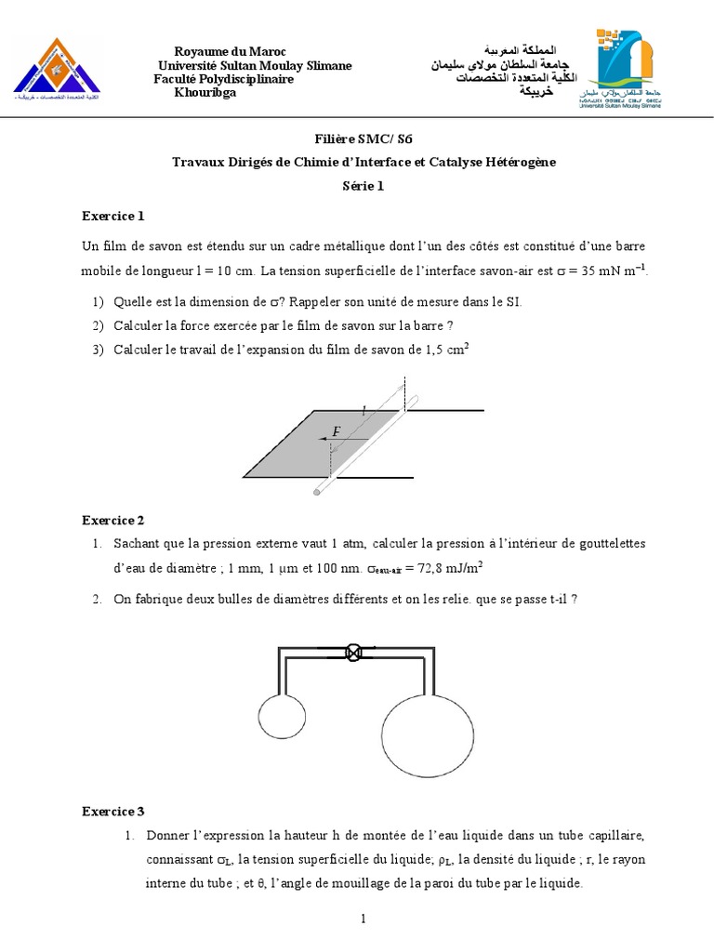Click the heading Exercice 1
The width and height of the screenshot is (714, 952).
coord(113,217)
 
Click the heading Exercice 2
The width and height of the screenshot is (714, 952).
coord(113,520)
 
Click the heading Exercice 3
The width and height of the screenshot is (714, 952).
coord(113,811)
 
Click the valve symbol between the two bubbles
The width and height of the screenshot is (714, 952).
coord(353,652)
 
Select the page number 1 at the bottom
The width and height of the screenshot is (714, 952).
coord(364,919)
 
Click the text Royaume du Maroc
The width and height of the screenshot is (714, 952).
coord(231,51)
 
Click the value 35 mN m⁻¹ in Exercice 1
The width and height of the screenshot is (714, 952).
coord(609,271)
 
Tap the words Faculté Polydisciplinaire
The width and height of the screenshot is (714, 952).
coord(223,79)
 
